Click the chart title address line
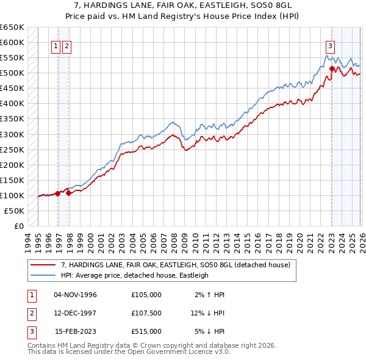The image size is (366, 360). [x=183, y=5]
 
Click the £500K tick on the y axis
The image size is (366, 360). [x=12, y=73]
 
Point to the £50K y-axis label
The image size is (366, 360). [x=14, y=211]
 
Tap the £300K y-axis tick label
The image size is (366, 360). [x=12, y=134]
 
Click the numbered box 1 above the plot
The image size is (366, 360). [x=56, y=45]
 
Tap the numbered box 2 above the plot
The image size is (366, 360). [x=66, y=45]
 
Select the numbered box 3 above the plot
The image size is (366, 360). [x=330, y=45]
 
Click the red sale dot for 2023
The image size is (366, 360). [x=331, y=68]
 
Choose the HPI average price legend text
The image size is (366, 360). [x=135, y=275]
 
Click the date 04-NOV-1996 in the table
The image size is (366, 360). [x=76, y=295]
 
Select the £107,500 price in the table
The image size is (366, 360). [x=146, y=313]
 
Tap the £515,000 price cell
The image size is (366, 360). [x=146, y=331]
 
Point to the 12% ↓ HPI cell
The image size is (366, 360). [x=207, y=313]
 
